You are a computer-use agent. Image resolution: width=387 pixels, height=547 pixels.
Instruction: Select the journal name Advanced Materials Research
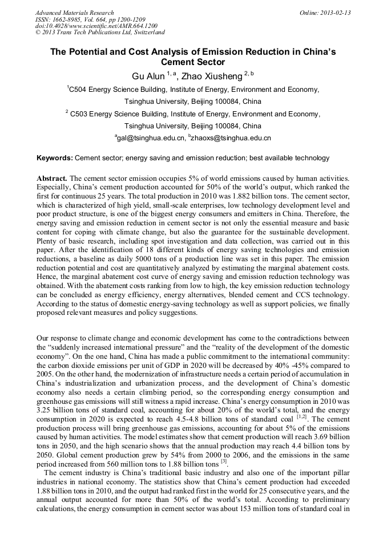pos(74,13)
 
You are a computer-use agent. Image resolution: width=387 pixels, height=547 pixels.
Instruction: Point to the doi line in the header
pos(96,26)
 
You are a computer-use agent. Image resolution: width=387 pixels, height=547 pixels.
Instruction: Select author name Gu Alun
pos(147,76)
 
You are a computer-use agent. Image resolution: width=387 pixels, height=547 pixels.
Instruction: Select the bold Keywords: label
pos(55,158)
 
